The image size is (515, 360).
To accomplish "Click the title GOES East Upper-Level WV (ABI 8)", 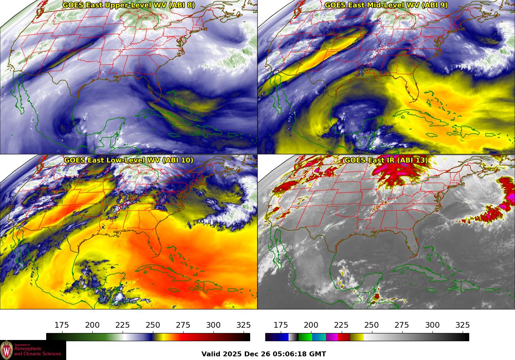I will coord(129,5).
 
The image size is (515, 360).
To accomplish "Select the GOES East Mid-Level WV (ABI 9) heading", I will coord(386,5).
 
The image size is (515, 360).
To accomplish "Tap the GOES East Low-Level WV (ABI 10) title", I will coord(129,160).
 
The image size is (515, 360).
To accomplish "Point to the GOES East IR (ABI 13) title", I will coord(386,160).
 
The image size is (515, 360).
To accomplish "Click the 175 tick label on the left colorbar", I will coord(62,325).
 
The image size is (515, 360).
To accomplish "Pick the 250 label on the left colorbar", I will coord(153,325).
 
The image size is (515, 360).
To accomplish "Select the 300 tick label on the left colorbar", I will coord(213,325).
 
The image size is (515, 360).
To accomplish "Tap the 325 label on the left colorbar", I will coord(244,325).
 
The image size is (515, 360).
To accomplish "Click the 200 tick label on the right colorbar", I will coord(311,325).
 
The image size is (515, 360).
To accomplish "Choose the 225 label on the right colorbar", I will coord(341,325).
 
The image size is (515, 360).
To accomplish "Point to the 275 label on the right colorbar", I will coord(402,325).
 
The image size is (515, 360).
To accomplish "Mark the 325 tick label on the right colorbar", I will coord(463,325).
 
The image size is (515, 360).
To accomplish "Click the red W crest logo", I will coord(7,350).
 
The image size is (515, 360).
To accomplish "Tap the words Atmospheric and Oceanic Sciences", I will coord(38,351).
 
